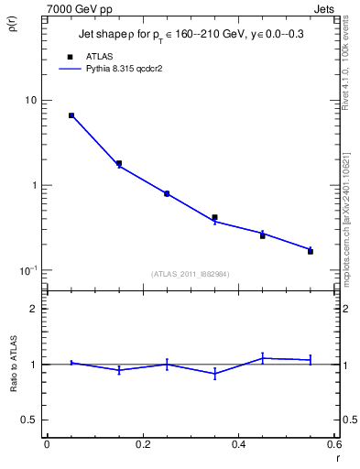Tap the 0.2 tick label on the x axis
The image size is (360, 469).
coord(142,445)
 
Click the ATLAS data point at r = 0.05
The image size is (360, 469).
coord(71,115)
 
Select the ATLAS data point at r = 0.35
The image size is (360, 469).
coord(214,217)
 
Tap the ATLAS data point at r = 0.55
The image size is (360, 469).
coord(311,251)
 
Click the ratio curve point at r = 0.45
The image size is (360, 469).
coord(263,358)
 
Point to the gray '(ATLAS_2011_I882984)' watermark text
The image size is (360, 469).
coord(191,274)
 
